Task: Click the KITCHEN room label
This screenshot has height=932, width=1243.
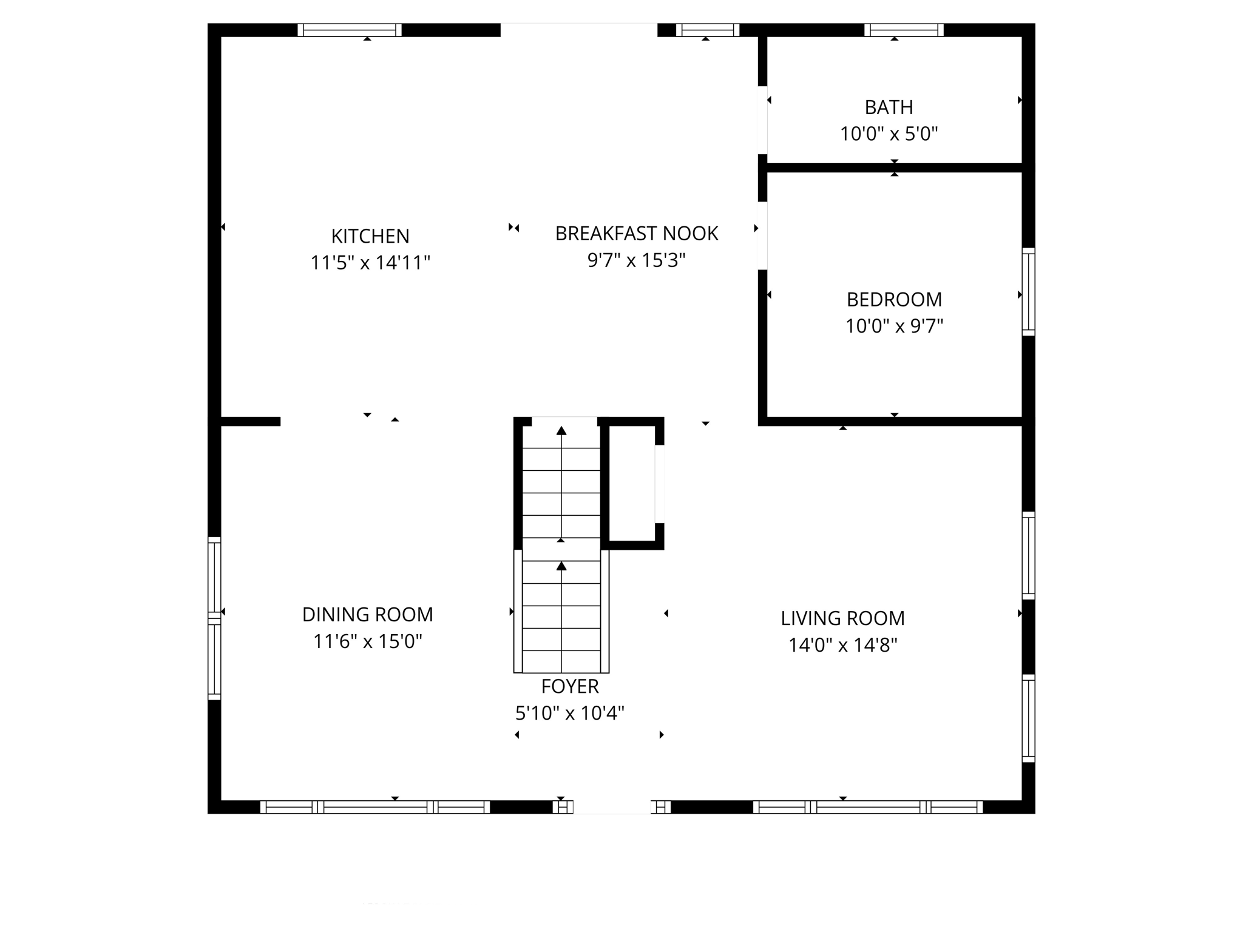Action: click(x=370, y=236)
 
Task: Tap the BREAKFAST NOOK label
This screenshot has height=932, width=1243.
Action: click(x=637, y=234)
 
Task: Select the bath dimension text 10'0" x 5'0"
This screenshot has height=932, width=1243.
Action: click(x=889, y=134)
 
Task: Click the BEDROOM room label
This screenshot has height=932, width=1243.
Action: click(x=894, y=300)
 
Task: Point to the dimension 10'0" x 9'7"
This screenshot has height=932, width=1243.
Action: click(x=894, y=326)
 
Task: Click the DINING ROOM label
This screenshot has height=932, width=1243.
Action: click(x=368, y=615)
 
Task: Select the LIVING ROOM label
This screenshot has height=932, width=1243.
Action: click(x=842, y=618)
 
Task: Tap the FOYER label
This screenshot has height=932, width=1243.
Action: click(x=570, y=686)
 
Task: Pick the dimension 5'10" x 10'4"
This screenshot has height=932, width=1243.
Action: click(x=570, y=713)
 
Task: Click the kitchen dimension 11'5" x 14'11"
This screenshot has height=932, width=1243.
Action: click(x=370, y=263)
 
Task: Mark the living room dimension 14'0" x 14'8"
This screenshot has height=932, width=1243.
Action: click(x=842, y=645)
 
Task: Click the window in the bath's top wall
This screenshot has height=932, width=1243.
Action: click(x=904, y=30)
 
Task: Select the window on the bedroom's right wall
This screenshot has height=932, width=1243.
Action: click(x=1028, y=291)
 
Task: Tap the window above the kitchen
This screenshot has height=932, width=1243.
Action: click(x=350, y=30)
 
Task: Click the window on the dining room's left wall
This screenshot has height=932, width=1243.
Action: click(x=214, y=618)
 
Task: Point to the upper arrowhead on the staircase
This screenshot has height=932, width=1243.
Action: click(x=561, y=431)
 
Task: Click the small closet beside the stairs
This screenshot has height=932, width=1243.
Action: click(x=631, y=483)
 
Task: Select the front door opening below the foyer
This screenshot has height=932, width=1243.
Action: click(x=612, y=806)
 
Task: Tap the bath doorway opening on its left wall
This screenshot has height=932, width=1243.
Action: click(x=763, y=120)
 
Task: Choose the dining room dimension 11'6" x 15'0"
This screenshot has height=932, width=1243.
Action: click(x=368, y=641)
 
